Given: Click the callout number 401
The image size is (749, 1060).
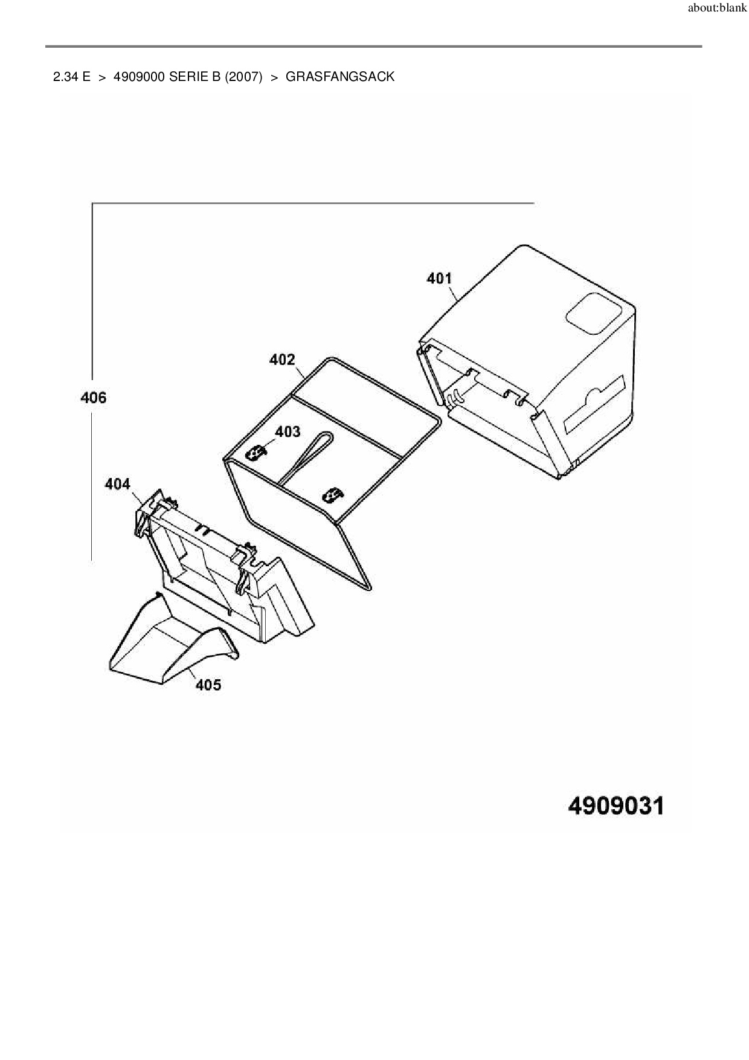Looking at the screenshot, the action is click(439, 278).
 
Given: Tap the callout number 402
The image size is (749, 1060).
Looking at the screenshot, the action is click(282, 360).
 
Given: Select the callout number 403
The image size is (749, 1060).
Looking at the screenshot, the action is click(288, 431).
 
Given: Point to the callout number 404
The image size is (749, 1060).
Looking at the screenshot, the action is click(117, 483).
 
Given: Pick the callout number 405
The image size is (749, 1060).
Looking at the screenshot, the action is click(208, 685).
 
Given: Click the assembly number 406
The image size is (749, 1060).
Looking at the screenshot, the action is click(93, 397).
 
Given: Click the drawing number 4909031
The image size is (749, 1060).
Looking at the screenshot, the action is click(616, 806).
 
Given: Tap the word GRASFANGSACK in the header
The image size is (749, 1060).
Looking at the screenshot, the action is click(339, 77).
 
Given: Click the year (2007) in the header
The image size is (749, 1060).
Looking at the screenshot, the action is click(243, 77).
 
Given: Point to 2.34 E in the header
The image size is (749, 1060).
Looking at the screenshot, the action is click(72, 77).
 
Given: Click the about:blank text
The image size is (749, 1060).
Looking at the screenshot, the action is click(717, 8).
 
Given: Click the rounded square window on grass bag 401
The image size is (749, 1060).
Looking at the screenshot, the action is click(593, 314).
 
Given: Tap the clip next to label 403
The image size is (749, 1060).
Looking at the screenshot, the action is click(258, 452).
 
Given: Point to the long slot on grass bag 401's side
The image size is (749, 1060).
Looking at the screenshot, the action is click(593, 404).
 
